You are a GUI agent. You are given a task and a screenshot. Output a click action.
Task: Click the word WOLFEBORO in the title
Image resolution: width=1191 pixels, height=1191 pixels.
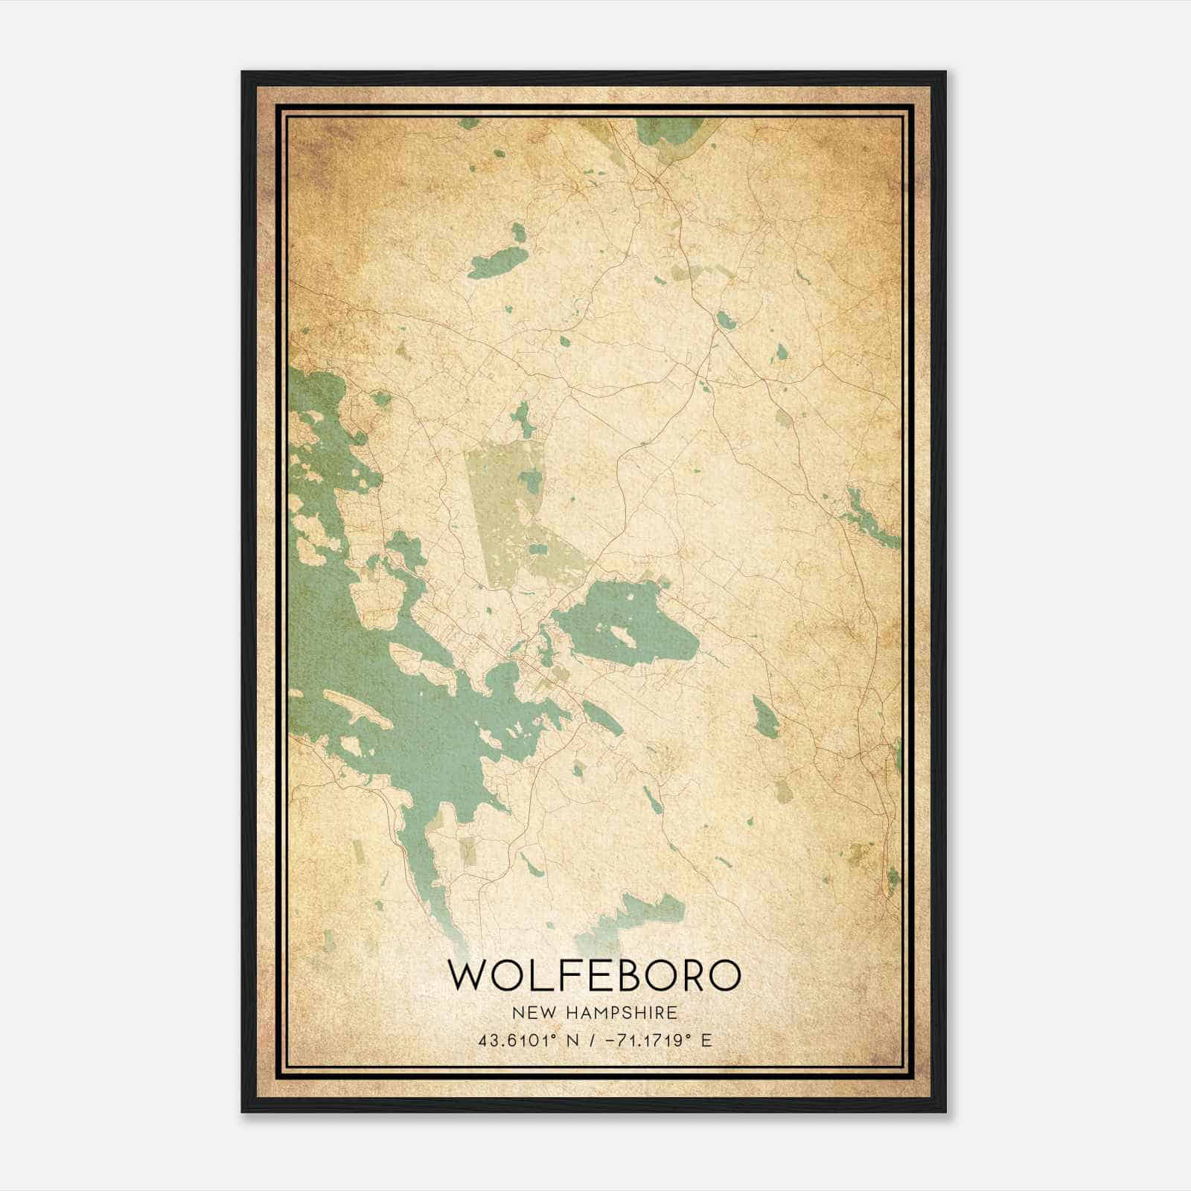[595, 976]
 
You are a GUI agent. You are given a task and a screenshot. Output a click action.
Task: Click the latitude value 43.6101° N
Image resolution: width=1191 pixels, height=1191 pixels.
[529, 1040]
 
